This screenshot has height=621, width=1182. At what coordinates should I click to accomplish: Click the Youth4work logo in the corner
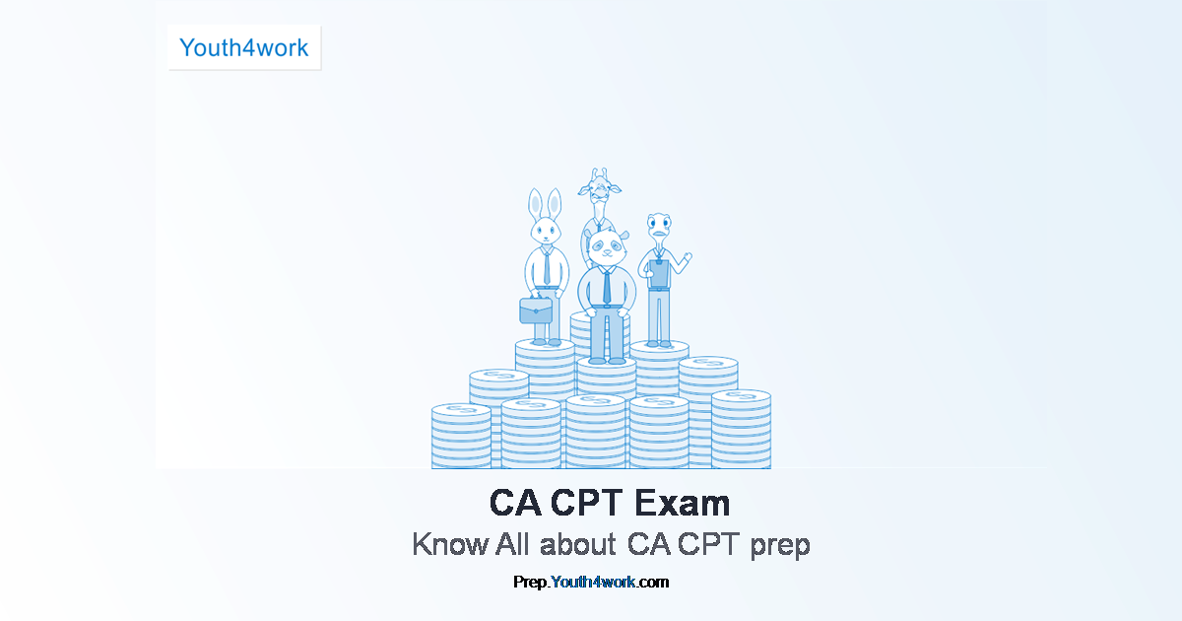click(x=244, y=47)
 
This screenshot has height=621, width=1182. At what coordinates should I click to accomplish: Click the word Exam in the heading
click(x=682, y=504)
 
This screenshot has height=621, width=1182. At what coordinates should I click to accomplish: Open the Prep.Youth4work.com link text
click(x=591, y=582)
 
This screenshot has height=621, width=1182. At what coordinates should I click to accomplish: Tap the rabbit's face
click(x=545, y=233)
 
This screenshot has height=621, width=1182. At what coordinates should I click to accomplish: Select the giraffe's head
click(x=597, y=186)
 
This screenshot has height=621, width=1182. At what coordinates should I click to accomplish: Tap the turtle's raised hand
click(x=688, y=258)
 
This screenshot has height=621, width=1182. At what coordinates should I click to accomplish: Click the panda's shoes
click(x=604, y=360)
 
